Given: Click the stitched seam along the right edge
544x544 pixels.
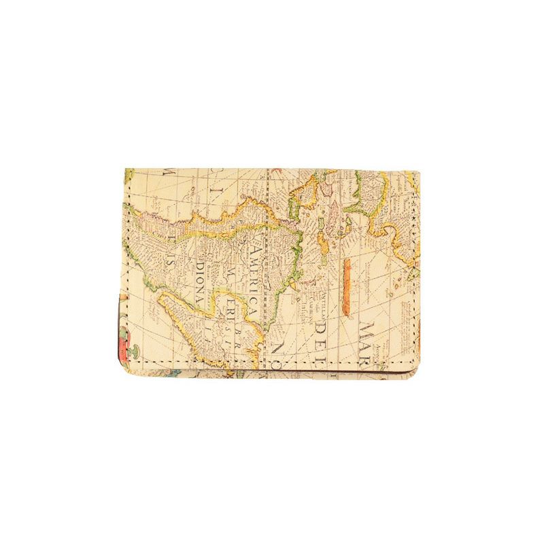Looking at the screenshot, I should [413, 272].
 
